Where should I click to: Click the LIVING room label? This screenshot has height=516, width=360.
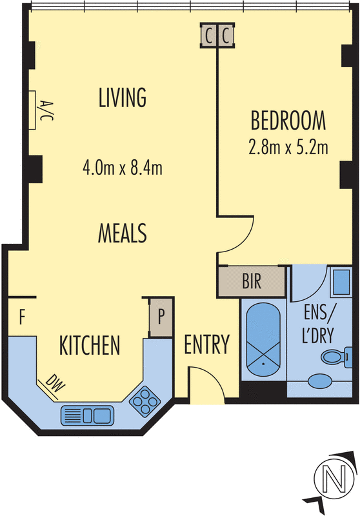[x=123, y=98]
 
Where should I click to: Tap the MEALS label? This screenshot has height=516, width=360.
[x=123, y=232]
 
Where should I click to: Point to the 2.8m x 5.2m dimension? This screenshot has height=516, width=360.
[x=288, y=147]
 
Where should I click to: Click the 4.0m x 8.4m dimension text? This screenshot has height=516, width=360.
[x=122, y=169]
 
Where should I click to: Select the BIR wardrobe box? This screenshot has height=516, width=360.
[x=252, y=281]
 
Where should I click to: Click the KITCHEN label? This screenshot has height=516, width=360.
[x=90, y=345]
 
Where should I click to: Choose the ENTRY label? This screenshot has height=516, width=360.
[x=206, y=345]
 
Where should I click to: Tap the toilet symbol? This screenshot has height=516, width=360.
[x=335, y=355]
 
